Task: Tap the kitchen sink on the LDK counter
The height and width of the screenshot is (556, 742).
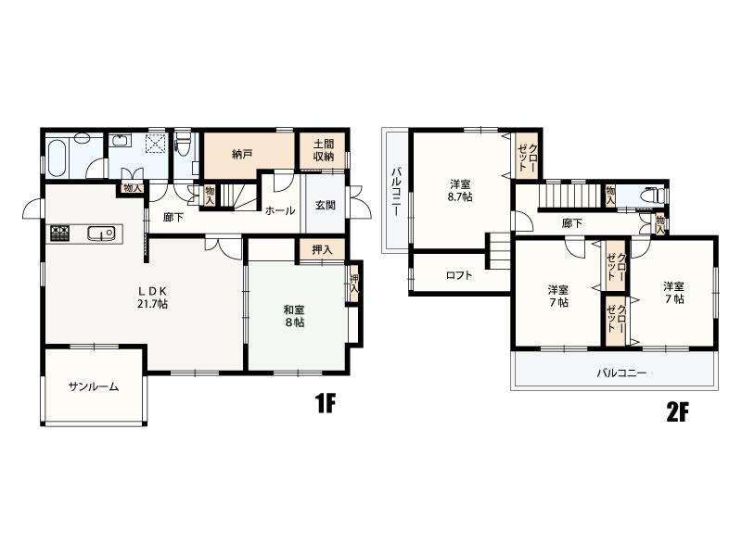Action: (x=101, y=234)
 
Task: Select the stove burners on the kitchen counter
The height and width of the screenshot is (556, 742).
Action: (x=60, y=234)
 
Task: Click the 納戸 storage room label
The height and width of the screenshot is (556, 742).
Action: (x=242, y=154)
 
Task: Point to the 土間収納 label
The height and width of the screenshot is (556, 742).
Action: (x=324, y=150)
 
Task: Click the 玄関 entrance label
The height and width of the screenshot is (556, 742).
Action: (x=326, y=205)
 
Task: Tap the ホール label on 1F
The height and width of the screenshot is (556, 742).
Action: (x=280, y=211)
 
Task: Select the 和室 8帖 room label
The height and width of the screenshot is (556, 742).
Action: (x=294, y=316)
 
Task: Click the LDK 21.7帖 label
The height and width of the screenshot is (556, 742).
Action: (x=152, y=297)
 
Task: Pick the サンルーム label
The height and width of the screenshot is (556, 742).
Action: (x=94, y=386)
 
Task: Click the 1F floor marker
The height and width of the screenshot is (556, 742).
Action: (x=326, y=403)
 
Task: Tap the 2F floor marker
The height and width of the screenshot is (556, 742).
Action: (x=677, y=413)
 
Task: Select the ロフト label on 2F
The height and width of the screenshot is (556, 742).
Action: (x=459, y=274)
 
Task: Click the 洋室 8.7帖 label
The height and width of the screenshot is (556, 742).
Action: (x=460, y=191)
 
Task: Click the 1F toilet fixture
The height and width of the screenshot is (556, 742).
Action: (x=183, y=142)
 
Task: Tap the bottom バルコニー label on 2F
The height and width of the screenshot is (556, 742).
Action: (x=620, y=373)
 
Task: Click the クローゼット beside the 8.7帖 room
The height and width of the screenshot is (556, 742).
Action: (x=527, y=157)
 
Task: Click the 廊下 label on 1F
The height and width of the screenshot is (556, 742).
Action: (x=173, y=218)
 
